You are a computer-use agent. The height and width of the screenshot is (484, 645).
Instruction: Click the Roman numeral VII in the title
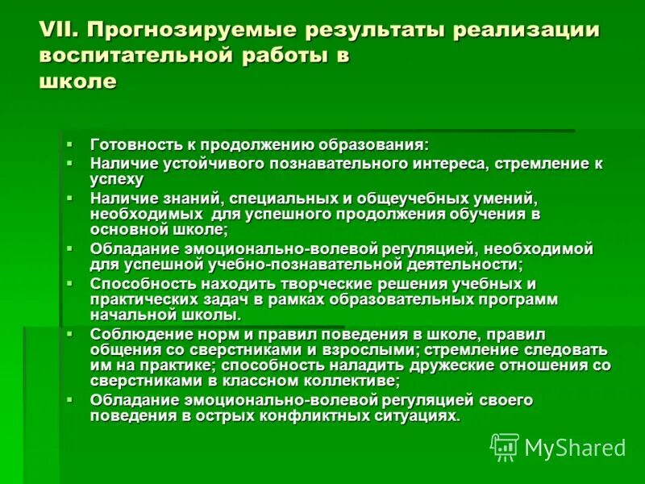tap(58, 31)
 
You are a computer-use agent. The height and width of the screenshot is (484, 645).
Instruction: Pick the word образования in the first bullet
tap(372, 145)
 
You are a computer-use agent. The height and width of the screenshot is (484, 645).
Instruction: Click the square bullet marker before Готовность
tap(70, 144)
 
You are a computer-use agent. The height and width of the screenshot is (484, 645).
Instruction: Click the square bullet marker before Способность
tap(70, 282)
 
